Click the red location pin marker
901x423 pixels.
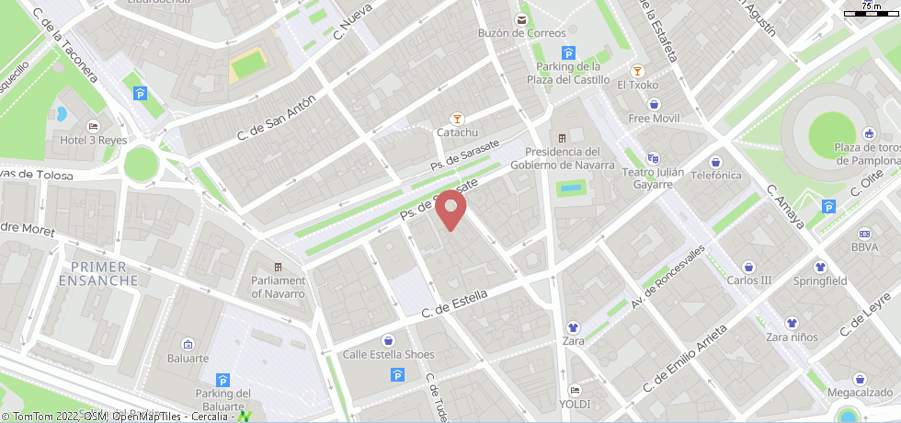[x=450, y=211]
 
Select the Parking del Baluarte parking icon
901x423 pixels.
[x=222, y=380]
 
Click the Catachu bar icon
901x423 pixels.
[x=457, y=118]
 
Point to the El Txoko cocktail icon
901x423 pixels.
[x=637, y=71]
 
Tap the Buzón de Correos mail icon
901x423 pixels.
[x=521, y=18]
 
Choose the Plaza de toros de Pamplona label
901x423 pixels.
[x=866, y=154]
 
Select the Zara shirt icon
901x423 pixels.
[x=574, y=326]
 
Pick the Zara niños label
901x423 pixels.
[x=792, y=337]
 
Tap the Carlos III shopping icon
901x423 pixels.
[x=749, y=266]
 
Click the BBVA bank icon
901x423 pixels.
[x=864, y=234]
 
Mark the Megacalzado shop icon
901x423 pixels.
[x=860, y=379]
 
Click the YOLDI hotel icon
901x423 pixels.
[x=575, y=389]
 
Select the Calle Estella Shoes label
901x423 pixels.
[x=388, y=354]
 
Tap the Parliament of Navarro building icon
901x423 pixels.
[x=279, y=267]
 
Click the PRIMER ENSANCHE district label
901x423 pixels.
[x=104, y=273]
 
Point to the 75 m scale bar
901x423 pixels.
[x=870, y=13]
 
